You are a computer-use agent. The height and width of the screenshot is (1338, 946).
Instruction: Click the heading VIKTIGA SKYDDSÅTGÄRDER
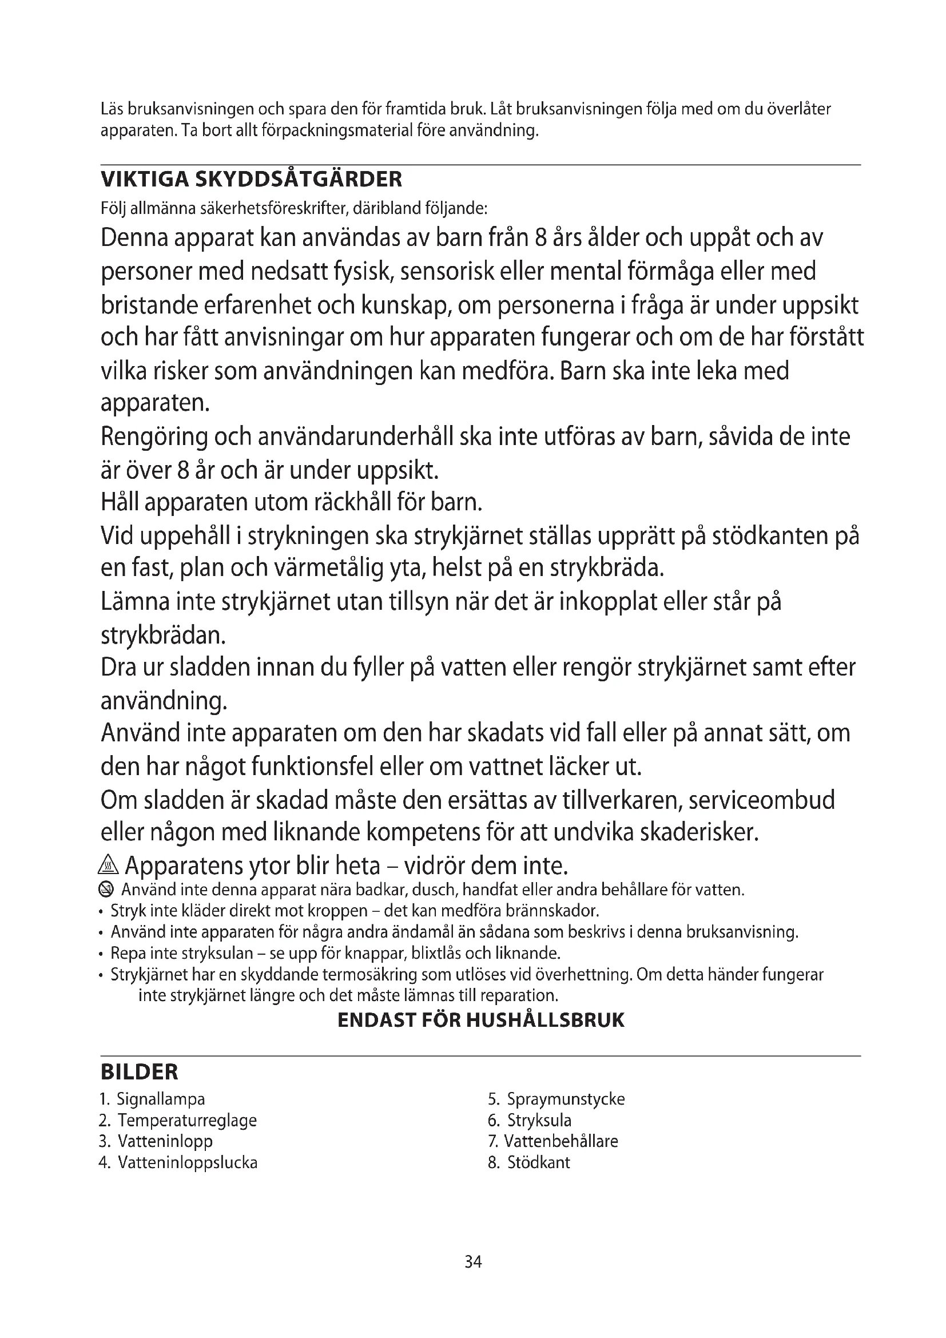pos(251,179)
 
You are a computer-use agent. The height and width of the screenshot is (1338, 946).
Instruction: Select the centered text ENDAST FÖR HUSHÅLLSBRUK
pos(480,1020)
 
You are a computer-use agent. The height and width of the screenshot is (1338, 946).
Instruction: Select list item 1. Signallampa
pos(153,1099)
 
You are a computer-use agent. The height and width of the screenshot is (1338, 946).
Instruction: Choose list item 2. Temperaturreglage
pos(178,1120)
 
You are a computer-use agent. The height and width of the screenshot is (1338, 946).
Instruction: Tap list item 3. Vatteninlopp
pos(156,1141)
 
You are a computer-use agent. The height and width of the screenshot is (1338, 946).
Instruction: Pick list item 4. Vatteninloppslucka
pos(178,1162)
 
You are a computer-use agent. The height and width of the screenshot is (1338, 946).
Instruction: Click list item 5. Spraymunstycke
pos(557,1099)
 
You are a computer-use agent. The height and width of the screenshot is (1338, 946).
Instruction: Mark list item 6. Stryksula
pos(530,1120)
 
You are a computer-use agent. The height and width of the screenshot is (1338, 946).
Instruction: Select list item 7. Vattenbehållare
pos(553,1141)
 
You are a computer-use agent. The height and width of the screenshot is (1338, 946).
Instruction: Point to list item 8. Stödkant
pos(529,1162)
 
